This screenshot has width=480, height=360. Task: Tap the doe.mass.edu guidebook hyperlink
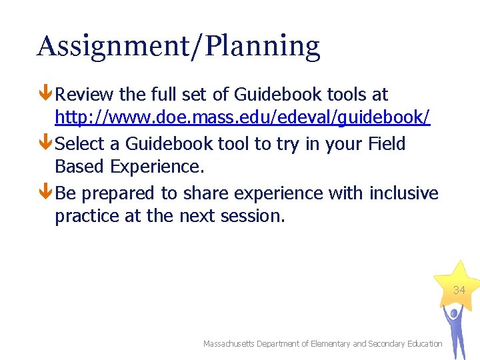coord(242,118)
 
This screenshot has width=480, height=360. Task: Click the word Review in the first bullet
coord(85,95)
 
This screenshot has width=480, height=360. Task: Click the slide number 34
coord(459,291)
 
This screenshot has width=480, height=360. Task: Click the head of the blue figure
coord(453,312)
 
